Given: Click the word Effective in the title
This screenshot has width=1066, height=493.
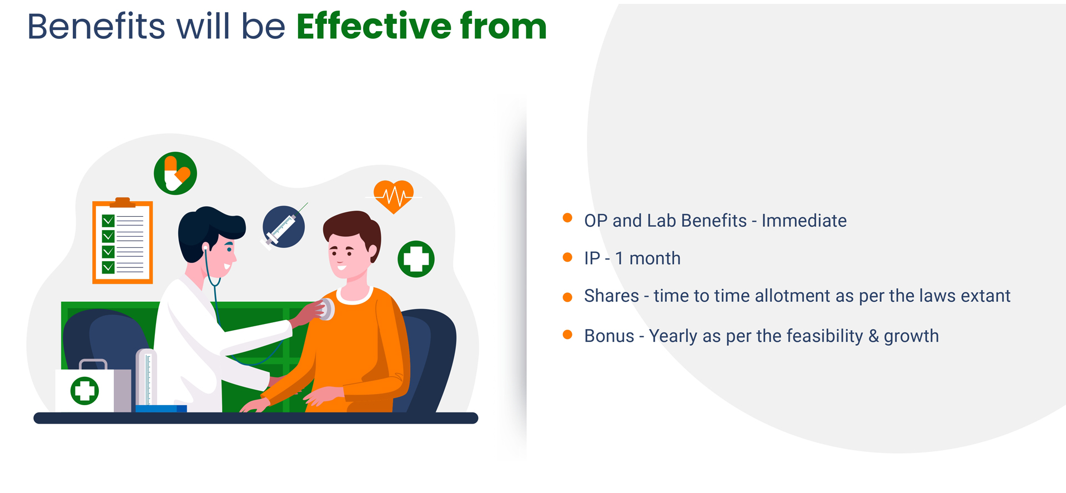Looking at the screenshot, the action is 374,26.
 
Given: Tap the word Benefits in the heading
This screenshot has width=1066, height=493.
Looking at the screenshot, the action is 96,26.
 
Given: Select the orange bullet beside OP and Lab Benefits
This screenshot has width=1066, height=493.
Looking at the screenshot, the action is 567,218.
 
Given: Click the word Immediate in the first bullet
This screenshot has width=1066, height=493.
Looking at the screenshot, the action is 804,221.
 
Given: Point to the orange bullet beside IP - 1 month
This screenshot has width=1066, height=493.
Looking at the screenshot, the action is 567,257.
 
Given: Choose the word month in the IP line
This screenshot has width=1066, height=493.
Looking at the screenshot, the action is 655,258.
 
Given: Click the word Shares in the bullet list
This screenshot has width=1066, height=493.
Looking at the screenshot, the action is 611,296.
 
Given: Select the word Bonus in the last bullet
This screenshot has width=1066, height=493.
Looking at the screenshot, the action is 609,336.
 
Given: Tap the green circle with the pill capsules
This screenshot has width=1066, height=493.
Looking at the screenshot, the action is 175,173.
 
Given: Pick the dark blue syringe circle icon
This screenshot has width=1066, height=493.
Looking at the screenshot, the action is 284,227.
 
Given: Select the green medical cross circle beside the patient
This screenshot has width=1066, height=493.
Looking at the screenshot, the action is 416,259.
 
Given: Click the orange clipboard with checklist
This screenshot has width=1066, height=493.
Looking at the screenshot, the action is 123,241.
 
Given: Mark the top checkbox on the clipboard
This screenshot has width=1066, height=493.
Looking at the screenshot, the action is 108,221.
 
